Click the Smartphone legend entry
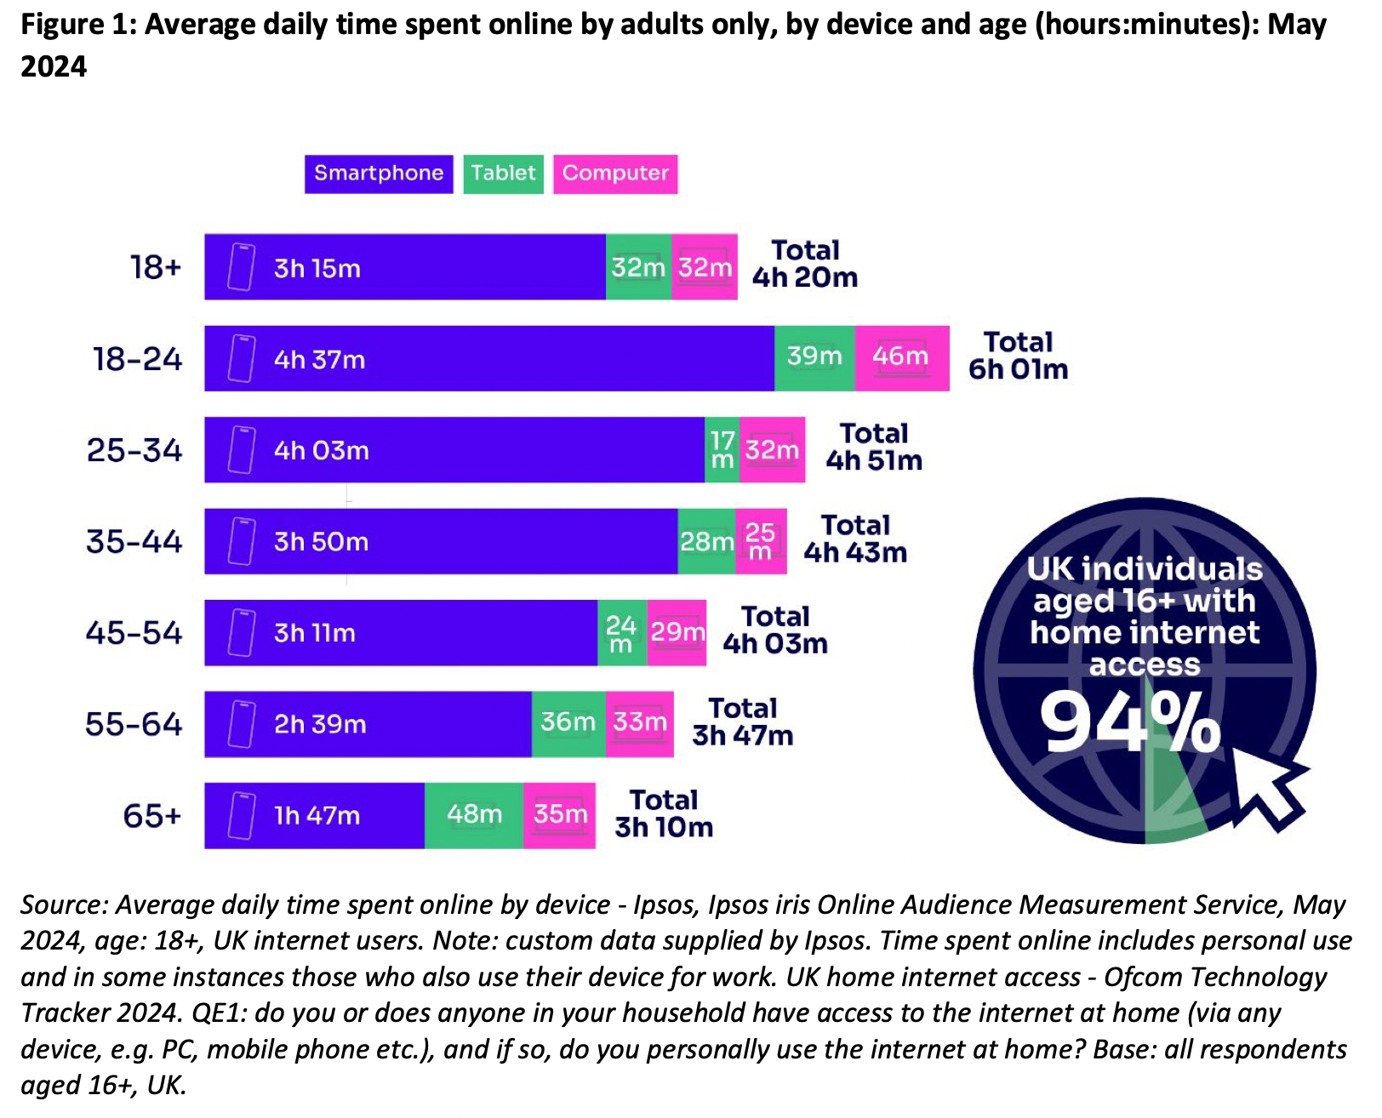click(x=379, y=174)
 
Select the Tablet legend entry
click(x=503, y=174)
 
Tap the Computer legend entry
click(x=615, y=174)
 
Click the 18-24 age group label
click(x=138, y=359)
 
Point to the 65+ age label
click(x=152, y=816)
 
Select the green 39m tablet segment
click(x=814, y=358)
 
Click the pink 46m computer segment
click(x=901, y=358)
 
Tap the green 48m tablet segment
click(x=474, y=815)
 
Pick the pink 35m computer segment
click(x=559, y=815)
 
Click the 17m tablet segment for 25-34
click(x=722, y=450)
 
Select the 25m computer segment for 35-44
click(x=761, y=541)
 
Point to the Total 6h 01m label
click(x=1018, y=357)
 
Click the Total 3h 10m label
click(x=664, y=814)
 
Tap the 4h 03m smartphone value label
click(x=322, y=450)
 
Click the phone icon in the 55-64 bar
click(x=242, y=724)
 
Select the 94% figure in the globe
click(x=1130, y=723)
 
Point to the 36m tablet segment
click(x=568, y=723)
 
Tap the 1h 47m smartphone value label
click(x=317, y=816)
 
